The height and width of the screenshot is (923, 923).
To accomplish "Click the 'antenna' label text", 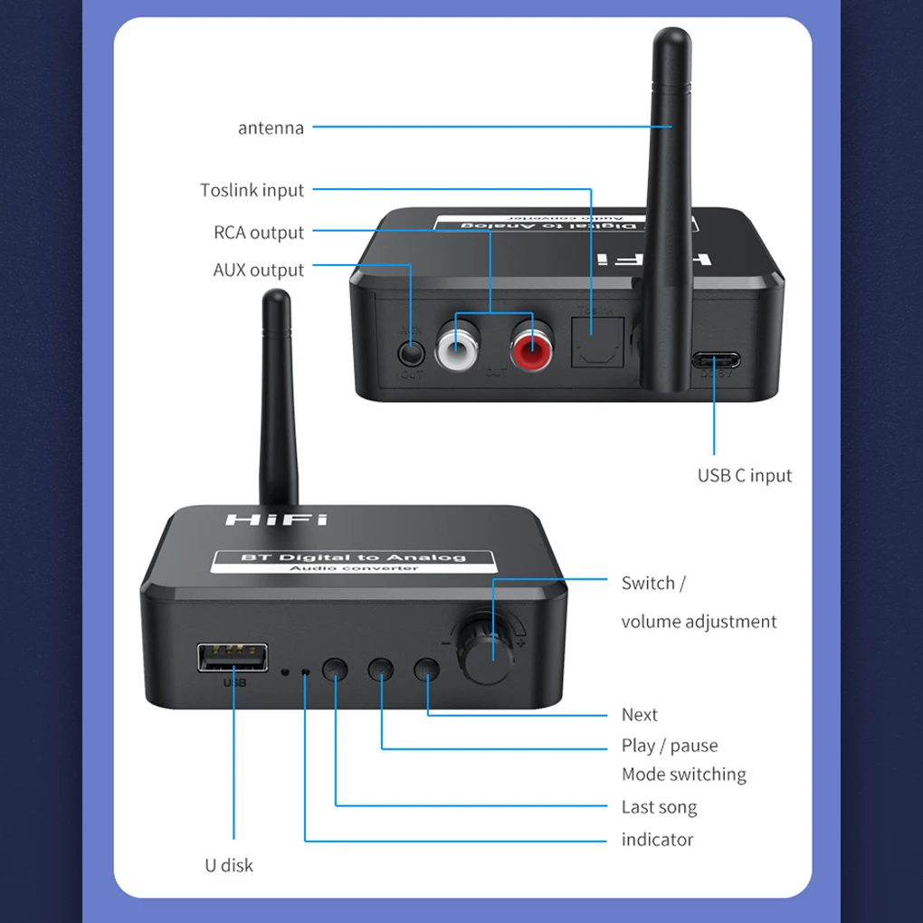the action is click(x=271, y=128).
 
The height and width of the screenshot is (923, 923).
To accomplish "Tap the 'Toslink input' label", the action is click(x=252, y=190).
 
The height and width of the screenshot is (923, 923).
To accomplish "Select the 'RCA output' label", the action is click(x=259, y=233).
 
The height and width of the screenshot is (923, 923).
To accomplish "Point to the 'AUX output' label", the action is click(x=259, y=270).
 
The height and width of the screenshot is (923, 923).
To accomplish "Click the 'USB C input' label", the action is click(x=744, y=475).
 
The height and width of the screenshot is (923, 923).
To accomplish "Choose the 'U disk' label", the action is click(x=229, y=865).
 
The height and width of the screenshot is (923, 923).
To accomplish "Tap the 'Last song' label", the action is click(x=659, y=807).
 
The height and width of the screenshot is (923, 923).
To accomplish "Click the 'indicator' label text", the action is click(x=657, y=840).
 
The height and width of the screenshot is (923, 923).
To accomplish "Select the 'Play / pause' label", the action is click(x=669, y=746).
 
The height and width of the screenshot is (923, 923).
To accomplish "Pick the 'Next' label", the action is click(x=639, y=715).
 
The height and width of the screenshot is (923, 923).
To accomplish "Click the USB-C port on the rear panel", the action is click(x=716, y=360).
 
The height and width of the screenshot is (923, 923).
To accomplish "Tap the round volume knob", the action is click(x=492, y=652).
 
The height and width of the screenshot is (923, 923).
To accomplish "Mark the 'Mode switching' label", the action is click(x=683, y=775).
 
